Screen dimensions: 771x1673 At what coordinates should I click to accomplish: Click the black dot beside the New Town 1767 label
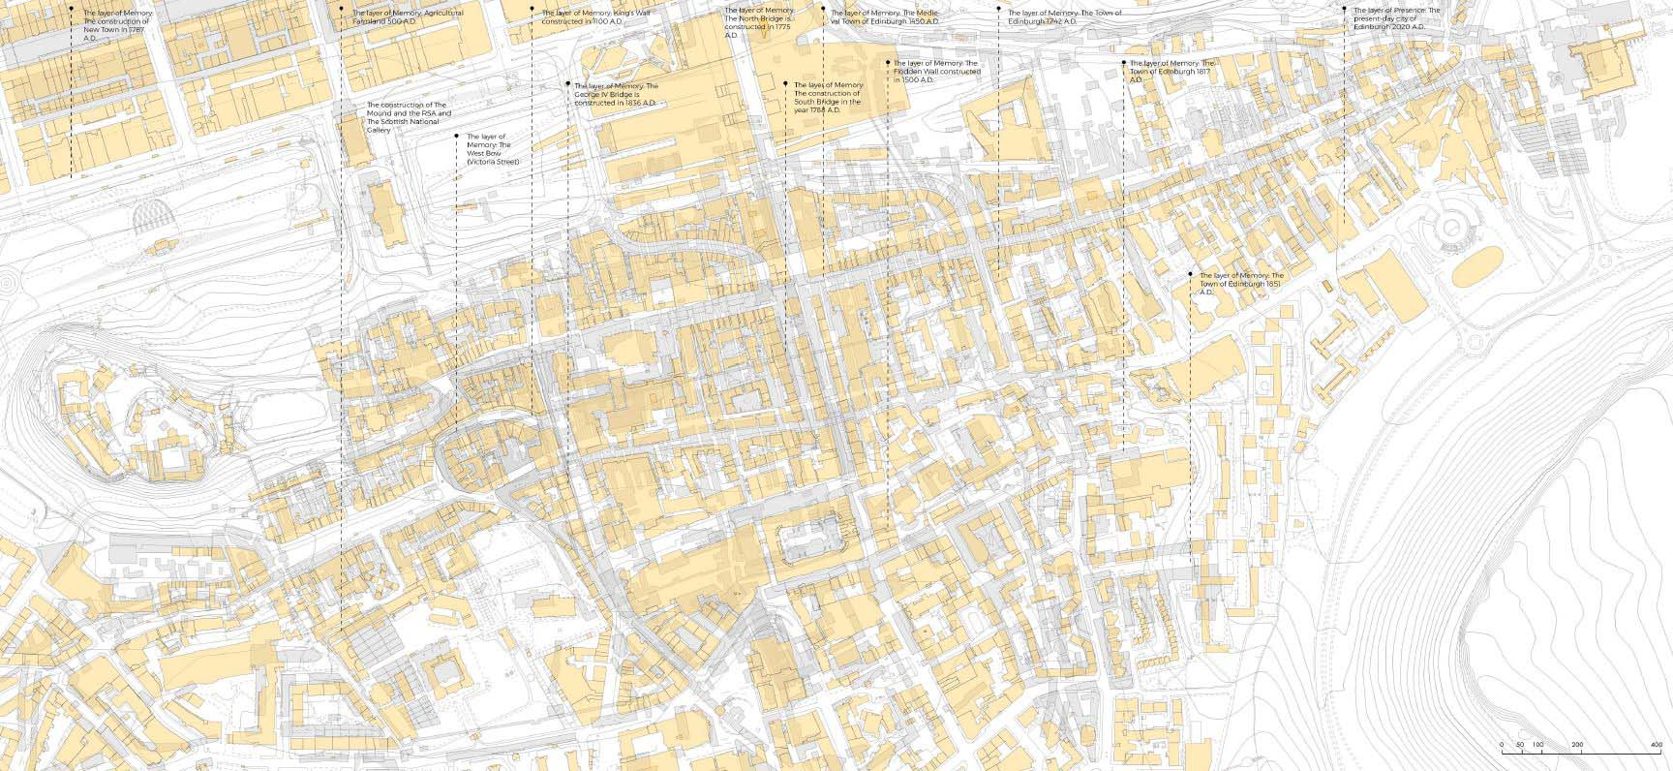coord(71,9)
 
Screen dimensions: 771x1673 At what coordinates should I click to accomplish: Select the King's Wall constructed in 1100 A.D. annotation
coord(595,16)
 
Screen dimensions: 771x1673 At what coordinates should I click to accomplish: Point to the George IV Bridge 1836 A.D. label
coord(616,94)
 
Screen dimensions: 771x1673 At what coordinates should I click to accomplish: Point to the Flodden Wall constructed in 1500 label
coord(937,72)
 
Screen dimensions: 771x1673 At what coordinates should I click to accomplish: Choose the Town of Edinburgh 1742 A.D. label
coord(1063,16)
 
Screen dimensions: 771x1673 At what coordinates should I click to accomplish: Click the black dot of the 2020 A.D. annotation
coord(1343,9)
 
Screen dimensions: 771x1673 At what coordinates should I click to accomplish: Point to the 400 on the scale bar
coord(1655,745)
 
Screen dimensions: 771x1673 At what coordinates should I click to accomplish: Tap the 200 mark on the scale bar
coord(1577,745)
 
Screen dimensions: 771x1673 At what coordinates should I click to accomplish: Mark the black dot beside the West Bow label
coord(456,137)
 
